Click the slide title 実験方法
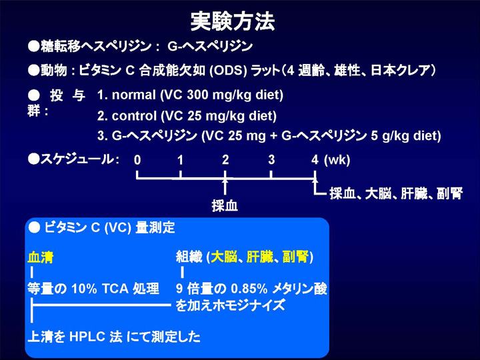tap(233, 21)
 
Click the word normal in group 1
tap(134, 95)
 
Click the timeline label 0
tap(137, 160)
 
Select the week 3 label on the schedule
tap(271, 160)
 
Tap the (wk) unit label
tap(337, 160)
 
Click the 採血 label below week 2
tap(225, 205)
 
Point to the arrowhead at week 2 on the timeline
tap(225, 181)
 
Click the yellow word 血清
tap(41, 257)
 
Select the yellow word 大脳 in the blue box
tap(224, 257)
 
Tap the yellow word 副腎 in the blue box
tap(295, 257)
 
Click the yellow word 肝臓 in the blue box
tap(259, 257)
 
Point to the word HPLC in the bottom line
tap(87, 337)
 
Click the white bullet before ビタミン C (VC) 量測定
tap(34, 227)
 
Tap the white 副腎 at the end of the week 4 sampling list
tap(450, 193)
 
